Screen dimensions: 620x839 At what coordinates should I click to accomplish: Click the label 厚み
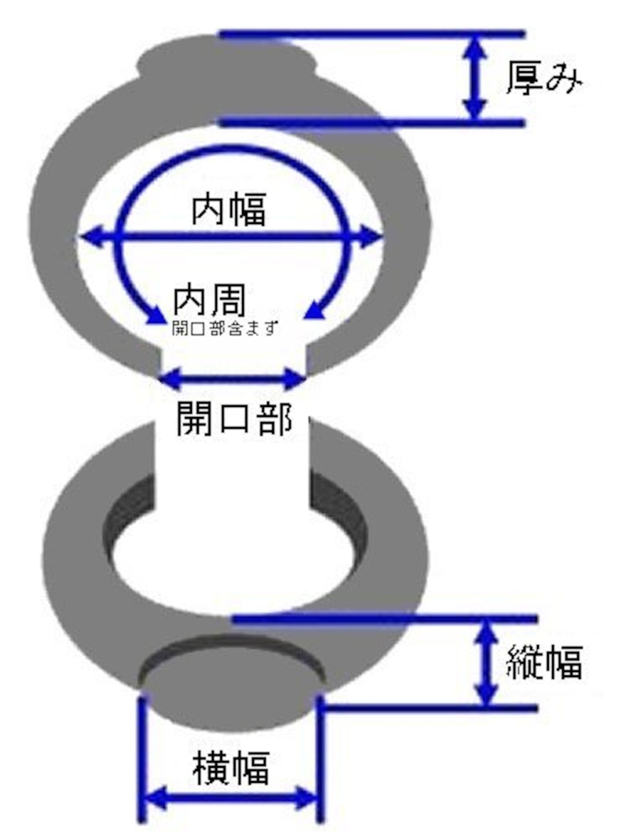click(x=543, y=79)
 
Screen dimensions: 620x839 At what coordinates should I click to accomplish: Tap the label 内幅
click(x=229, y=210)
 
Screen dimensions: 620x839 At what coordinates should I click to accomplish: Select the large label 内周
click(x=210, y=301)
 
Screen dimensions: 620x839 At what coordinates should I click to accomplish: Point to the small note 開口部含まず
click(x=225, y=328)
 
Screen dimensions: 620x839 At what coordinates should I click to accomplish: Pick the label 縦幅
click(x=543, y=662)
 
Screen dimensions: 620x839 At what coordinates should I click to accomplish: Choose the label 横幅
click(x=231, y=768)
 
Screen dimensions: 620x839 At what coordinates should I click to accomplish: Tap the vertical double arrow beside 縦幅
click(x=486, y=663)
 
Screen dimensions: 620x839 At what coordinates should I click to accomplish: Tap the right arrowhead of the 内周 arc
click(x=315, y=310)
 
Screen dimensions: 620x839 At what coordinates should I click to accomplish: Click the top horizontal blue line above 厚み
click(x=373, y=34)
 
